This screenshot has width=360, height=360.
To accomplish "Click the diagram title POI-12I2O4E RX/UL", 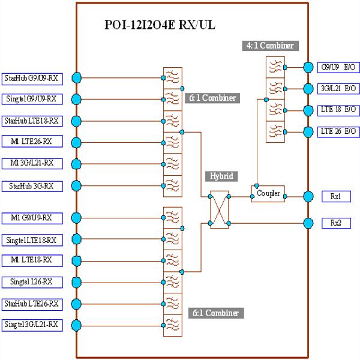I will pyautogui.click(x=160, y=25).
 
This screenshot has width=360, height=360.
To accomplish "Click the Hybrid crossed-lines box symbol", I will pyautogui.click(x=218, y=209).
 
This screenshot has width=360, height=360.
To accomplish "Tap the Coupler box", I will pyautogui.click(x=268, y=194).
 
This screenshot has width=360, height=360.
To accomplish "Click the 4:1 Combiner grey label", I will pyautogui.click(x=271, y=46).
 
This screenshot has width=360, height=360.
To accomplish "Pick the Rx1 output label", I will pyautogui.click(x=336, y=196).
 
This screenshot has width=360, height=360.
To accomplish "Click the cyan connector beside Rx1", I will pyautogui.click(x=308, y=196).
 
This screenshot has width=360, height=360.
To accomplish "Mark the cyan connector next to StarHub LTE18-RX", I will pyautogui.click(x=76, y=121).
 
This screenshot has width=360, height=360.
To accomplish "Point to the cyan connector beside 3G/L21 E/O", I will pyautogui.click(x=308, y=89).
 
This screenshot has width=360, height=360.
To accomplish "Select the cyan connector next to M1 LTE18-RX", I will pyautogui.click(x=76, y=260).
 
